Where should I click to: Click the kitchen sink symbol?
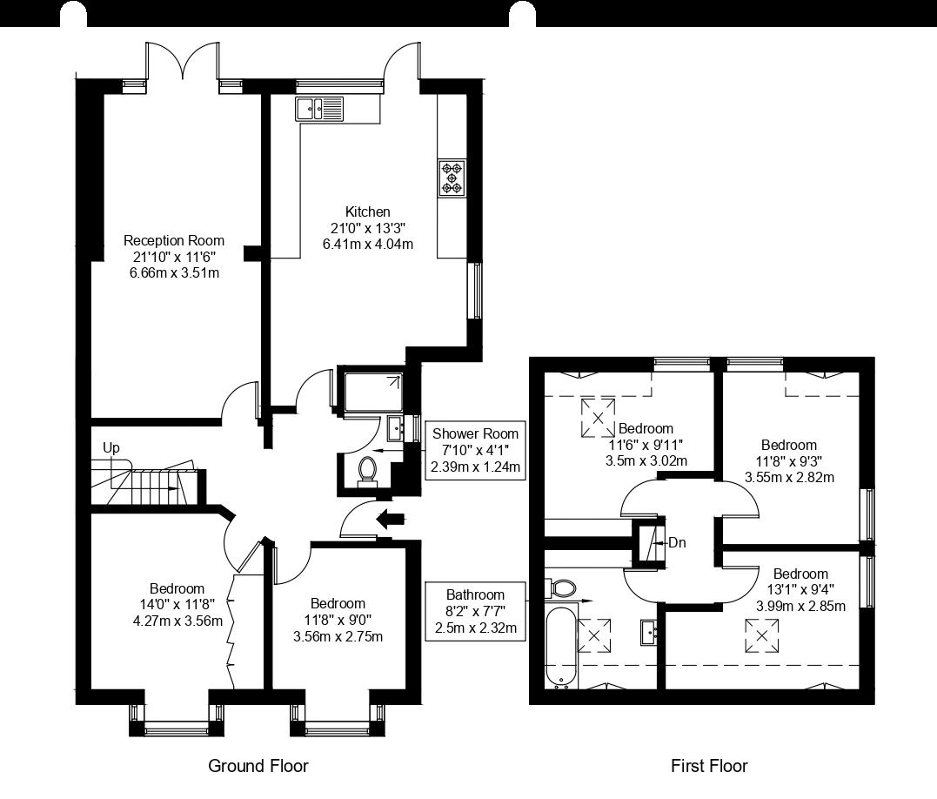point(319,109)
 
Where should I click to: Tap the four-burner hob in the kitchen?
point(452,177)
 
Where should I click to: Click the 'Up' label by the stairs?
point(111,447)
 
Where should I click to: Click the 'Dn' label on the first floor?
point(677,542)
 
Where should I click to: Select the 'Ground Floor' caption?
point(258,766)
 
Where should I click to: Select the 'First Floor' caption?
point(708,766)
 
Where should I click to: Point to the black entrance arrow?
point(389,520)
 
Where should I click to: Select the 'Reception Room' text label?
point(173,240)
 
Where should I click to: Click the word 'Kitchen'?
point(367,211)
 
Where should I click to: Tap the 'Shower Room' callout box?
point(475,450)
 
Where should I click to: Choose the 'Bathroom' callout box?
point(475,612)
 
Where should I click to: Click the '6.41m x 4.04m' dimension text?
point(367,244)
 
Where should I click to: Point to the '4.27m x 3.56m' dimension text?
point(177,621)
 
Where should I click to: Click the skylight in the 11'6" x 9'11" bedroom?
point(598,415)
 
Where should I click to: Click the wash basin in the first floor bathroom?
point(648,632)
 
